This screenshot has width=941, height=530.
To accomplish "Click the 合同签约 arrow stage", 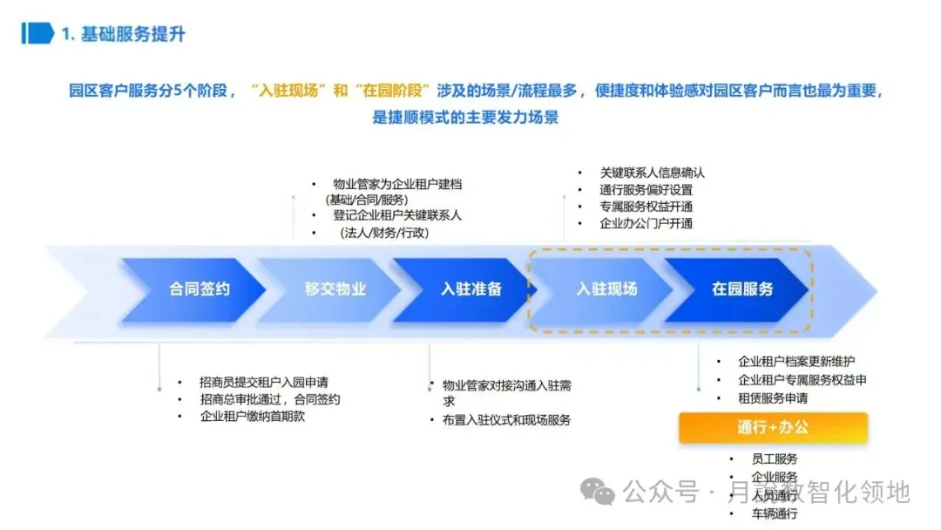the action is pos(199,289).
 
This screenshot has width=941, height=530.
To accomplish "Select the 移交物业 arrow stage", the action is pos(335,289).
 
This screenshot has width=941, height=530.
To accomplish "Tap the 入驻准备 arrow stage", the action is pos(470,289).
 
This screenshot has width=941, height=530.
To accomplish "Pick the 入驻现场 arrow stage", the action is pos(606,289).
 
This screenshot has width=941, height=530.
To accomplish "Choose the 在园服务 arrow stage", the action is pos(742,289).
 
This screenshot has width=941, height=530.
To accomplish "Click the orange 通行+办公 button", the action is pos(773,427).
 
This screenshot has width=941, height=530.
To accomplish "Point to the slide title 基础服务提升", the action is pos(133,34).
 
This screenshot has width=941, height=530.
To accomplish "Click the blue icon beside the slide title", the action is pos(37,34).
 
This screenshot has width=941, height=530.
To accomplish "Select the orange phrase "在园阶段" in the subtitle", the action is pos(396,91).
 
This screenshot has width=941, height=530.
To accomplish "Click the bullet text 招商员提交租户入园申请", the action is pos(263,382).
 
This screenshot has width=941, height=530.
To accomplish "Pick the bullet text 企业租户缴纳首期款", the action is pos(252,416).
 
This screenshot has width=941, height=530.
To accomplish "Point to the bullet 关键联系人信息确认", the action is pos(652,173).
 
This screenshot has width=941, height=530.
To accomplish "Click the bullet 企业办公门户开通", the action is pos(646,223).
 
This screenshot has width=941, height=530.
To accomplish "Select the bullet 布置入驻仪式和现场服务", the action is pos(505,419).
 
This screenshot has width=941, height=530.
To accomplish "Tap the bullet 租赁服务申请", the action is pos(772,398).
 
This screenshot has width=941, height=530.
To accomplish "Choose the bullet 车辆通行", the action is pos(774,513).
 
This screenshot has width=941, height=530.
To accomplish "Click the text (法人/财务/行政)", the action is pos(382,233).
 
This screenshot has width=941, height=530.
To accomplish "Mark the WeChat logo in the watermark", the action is pos(598,492).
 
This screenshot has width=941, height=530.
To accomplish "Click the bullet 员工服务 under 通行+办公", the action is pos(774,459).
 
